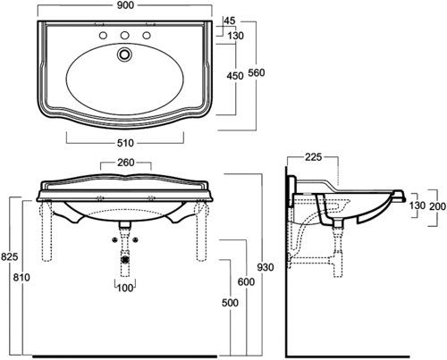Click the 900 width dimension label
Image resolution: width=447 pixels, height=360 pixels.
point(125,5)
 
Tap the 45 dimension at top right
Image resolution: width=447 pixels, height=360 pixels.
point(229,21)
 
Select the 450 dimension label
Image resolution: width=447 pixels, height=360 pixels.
point(235,76)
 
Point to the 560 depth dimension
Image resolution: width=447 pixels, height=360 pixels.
point(257,72)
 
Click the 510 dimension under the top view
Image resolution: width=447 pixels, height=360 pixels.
point(125,143)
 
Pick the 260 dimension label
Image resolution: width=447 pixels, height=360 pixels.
point(126,163)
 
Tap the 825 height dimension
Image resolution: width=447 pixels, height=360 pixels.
point(10,256)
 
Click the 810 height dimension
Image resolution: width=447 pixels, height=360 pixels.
point(21,278)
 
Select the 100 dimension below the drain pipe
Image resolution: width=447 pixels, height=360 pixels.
point(125,288)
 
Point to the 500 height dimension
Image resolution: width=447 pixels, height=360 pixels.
point(230,303)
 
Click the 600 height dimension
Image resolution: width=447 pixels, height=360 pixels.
point(246,281)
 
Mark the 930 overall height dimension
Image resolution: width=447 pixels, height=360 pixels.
point(266,267)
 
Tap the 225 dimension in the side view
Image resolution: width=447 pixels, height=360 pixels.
point(314,157)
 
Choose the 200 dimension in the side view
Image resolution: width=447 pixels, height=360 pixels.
point(438,206)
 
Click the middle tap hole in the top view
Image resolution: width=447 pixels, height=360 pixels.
point(124,35)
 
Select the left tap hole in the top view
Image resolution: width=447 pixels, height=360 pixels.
point(103,35)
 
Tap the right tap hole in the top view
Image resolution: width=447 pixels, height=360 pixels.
point(147,35)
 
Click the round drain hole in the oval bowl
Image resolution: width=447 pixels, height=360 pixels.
point(124,54)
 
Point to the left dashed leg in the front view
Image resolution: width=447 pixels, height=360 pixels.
point(46,230)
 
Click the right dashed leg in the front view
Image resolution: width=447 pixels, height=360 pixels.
point(201,230)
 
